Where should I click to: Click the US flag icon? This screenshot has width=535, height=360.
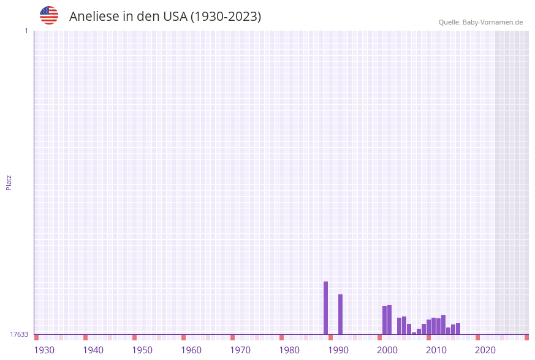[x=49, y=15]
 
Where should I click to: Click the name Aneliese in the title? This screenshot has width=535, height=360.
[x=94, y=17]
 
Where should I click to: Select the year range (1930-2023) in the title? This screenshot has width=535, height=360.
[x=226, y=17]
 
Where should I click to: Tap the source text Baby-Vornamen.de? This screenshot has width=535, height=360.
[x=493, y=22]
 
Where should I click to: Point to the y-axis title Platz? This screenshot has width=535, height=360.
[x=9, y=182]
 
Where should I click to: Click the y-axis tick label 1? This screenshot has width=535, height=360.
[x=26, y=31]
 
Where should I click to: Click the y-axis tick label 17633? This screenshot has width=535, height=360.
[x=19, y=334]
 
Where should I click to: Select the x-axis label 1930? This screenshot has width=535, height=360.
[x=44, y=350]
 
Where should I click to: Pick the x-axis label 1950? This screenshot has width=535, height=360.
[x=142, y=350]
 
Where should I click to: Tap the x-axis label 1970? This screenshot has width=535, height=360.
[x=240, y=350]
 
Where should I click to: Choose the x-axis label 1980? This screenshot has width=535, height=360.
[x=289, y=350]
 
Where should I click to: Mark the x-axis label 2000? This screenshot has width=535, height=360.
[x=387, y=350]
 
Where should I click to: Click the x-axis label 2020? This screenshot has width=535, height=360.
[x=485, y=350]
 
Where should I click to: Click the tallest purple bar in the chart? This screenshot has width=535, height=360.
[x=325, y=308]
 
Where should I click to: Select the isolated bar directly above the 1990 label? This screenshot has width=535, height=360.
[x=340, y=314]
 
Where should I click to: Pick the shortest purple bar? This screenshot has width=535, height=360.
[x=414, y=334]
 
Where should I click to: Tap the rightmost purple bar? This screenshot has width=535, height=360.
[x=458, y=329]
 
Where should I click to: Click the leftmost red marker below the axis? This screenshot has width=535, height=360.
[x=37, y=337]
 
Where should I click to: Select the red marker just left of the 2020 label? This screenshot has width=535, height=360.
[x=477, y=337]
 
